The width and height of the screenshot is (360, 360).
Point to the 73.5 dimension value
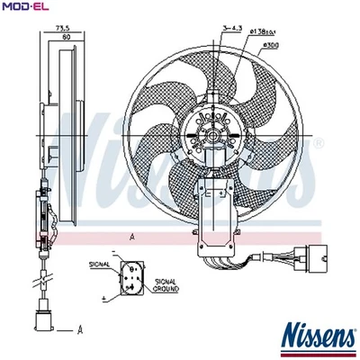[62, 30]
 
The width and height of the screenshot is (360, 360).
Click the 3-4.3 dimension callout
[232, 30]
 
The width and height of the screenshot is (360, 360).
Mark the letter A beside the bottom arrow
[80, 329]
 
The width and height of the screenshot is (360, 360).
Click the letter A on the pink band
[132, 236]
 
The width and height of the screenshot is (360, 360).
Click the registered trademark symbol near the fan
[317, 142]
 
